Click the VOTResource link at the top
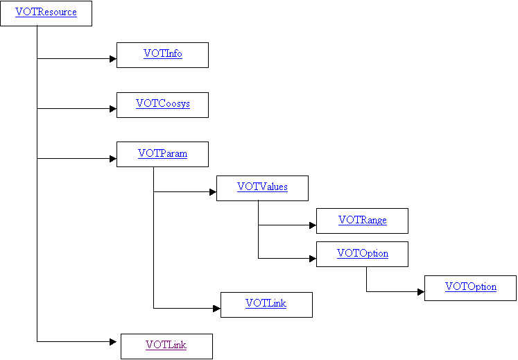pyautogui.click(x=46, y=12)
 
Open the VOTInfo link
pyautogui.click(x=162, y=53)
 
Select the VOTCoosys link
pyautogui.click(x=162, y=104)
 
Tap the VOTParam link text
pyautogui.click(x=162, y=153)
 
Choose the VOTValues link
pyautogui.click(x=262, y=187)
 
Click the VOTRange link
pyautogui.click(x=363, y=220)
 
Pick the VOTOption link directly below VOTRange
pyautogui.click(x=363, y=254)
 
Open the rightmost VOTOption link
pyautogui.click(x=470, y=286)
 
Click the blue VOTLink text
pyautogui.click(x=266, y=303)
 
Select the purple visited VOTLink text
pyautogui.click(x=166, y=345)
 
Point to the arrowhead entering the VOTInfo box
pyautogui.click(x=113, y=59)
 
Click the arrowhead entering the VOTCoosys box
pyautogui.click(x=113, y=109)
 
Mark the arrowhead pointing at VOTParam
pyautogui.click(x=113, y=159)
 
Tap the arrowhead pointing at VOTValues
pyautogui.click(x=213, y=192)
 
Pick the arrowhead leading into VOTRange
pyautogui.click(x=313, y=225)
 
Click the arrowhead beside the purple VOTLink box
pyautogui.click(x=113, y=342)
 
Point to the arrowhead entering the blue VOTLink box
pyautogui.click(x=217, y=309)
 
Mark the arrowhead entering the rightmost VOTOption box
pyautogui.click(x=421, y=292)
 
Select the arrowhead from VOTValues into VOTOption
pyautogui.click(x=313, y=259)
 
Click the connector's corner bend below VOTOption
pyautogui.click(x=366, y=291)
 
